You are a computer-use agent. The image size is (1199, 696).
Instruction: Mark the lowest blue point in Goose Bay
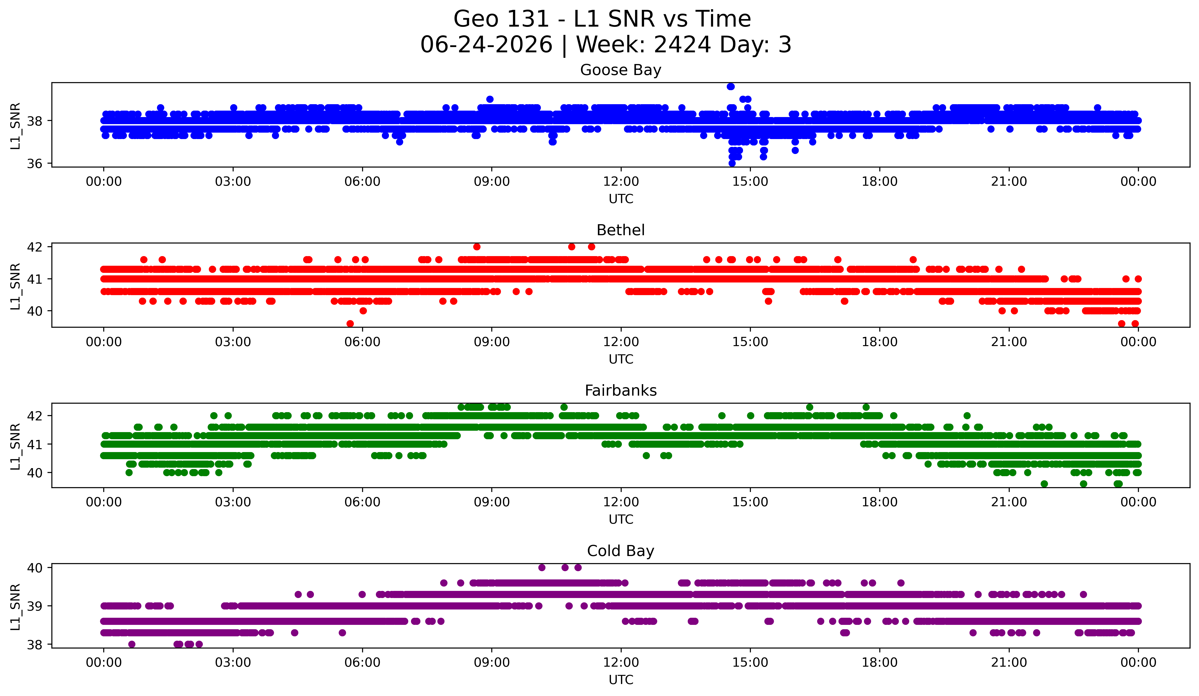[732, 163]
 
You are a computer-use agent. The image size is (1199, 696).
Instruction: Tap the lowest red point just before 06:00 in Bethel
[350, 324]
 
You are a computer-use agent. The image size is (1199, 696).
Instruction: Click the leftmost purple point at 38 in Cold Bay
[132, 644]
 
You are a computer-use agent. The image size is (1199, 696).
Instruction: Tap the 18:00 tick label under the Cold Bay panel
[879, 662]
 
